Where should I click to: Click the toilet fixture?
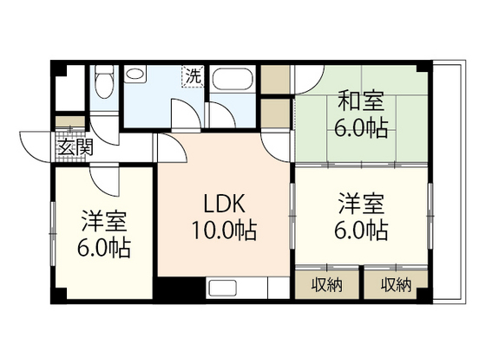(102, 86)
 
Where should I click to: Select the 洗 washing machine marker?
(192, 76)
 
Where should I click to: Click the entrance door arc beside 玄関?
(35, 147)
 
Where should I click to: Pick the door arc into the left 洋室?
(108, 178)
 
